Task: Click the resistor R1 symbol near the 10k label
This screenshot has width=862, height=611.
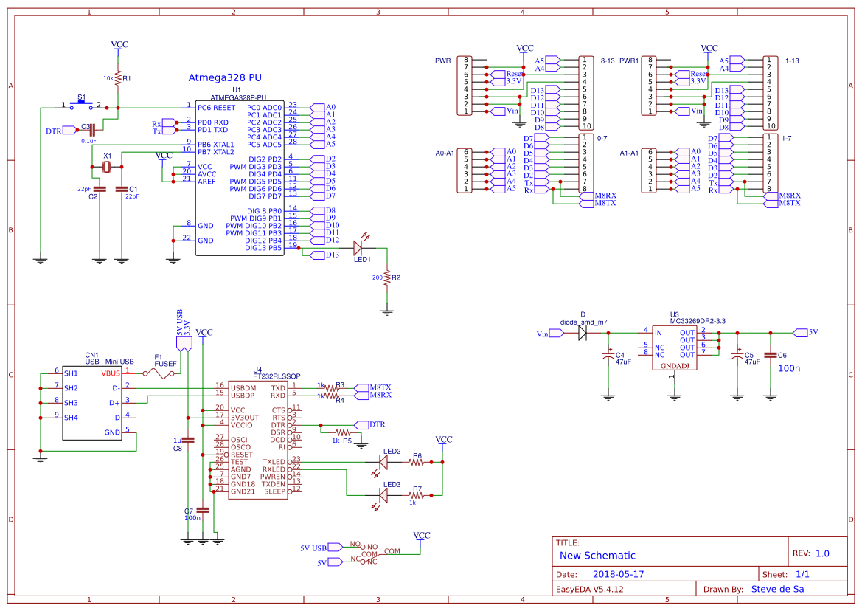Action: (118, 76)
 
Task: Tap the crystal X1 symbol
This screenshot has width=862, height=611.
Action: (108, 168)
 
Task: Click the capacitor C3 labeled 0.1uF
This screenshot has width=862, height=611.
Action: (92, 130)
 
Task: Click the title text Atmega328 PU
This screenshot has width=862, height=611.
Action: (225, 77)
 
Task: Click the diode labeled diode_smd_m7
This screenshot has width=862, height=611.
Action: (583, 333)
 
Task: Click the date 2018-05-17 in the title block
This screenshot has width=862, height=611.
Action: (619, 574)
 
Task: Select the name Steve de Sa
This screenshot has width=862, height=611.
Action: (776, 589)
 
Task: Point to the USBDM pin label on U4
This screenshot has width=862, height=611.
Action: (243, 387)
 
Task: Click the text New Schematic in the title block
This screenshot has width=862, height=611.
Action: (597, 556)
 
